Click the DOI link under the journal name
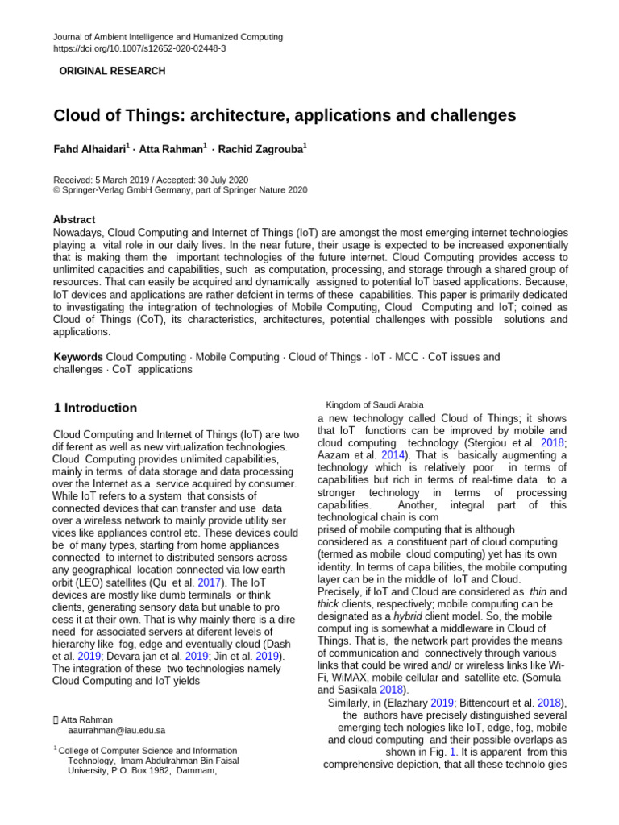[139, 48]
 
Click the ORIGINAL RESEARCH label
[112, 71]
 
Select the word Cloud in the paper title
[77, 115]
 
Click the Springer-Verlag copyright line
[180, 190]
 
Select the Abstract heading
[74, 219]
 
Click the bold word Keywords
[78, 357]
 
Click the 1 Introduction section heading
[95, 408]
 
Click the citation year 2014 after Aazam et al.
[393, 455]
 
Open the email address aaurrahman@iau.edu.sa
[117, 730]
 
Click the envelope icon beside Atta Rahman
[56, 719]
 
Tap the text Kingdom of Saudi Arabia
[374, 404]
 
